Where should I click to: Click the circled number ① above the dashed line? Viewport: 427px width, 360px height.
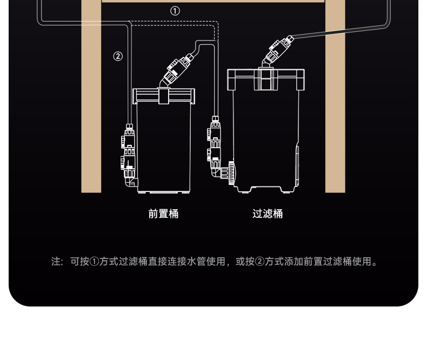(x=175, y=10)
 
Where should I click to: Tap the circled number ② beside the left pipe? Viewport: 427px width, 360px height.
(x=118, y=56)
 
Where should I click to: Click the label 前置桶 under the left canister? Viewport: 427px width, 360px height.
(x=163, y=214)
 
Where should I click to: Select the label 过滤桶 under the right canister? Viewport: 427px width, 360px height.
(x=268, y=214)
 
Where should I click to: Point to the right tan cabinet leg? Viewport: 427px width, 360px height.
(x=335, y=108)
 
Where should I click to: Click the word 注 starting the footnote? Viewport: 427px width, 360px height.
(x=56, y=262)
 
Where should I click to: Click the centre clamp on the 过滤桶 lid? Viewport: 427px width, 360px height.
(x=265, y=79)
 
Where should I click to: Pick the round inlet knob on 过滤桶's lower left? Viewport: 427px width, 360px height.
(x=231, y=174)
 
